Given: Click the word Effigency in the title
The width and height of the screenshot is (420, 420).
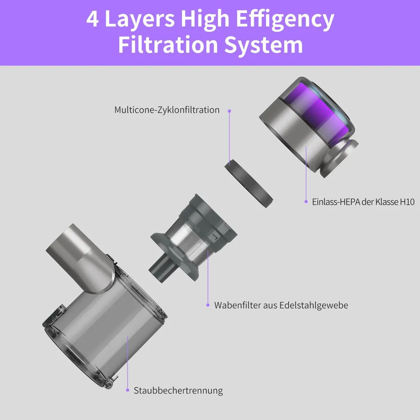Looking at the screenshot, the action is click(x=285, y=19).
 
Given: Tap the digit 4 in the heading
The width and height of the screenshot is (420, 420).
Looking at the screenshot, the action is click(x=93, y=19).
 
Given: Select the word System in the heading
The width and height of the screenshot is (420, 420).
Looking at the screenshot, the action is click(x=264, y=45).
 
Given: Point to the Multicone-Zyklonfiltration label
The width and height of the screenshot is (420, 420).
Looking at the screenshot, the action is click(x=167, y=110).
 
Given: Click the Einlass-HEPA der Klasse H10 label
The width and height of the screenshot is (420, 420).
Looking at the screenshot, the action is click(x=363, y=202).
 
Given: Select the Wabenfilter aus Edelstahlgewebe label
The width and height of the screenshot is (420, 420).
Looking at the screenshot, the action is click(x=281, y=305).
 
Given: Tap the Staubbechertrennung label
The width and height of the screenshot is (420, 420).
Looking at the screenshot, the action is click(x=178, y=390).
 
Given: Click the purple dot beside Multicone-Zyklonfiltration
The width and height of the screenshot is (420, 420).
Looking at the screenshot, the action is click(x=229, y=111).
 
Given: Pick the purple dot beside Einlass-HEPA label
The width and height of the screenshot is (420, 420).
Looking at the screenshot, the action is click(x=306, y=202).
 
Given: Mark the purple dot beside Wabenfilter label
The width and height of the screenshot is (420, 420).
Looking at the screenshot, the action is click(x=208, y=305).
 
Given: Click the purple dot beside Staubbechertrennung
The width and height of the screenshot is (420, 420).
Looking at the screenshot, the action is click(x=128, y=390).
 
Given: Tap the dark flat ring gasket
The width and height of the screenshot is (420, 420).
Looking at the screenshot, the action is click(x=249, y=183).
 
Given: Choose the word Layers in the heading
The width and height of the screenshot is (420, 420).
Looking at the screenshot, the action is click(x=139, y=19).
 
